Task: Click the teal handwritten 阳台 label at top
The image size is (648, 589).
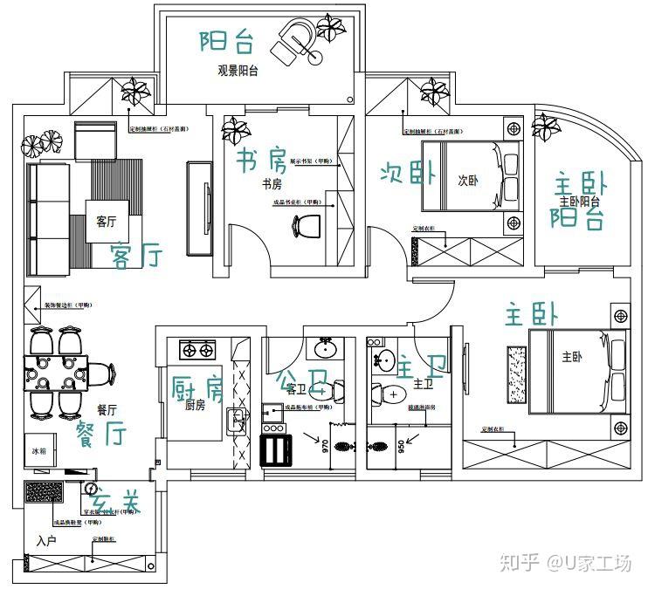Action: (226, 39)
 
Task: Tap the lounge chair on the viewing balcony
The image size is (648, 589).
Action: (294, 40)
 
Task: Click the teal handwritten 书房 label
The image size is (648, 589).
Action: (260, 161)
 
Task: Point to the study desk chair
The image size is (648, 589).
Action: (305, 226)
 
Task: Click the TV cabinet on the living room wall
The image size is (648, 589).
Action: (199, 207)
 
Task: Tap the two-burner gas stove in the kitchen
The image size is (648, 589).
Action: (197, 351)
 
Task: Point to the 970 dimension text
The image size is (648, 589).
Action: (324, 448)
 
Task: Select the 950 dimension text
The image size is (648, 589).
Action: (401, 448)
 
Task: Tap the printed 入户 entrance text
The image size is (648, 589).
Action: (47, 542)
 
